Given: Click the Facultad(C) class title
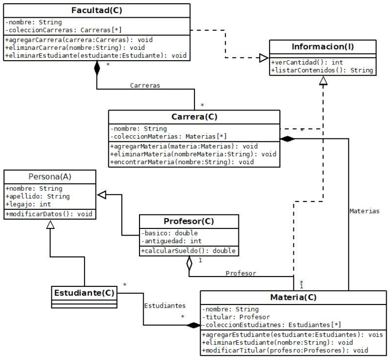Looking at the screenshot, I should point(97,10).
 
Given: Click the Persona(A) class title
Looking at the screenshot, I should point(49,176).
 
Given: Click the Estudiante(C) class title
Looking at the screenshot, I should point(84,294).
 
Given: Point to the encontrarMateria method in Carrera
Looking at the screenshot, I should point(181,163).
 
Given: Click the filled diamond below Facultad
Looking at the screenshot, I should point(97,69).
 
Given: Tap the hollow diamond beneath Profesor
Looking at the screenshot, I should point(189,264).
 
